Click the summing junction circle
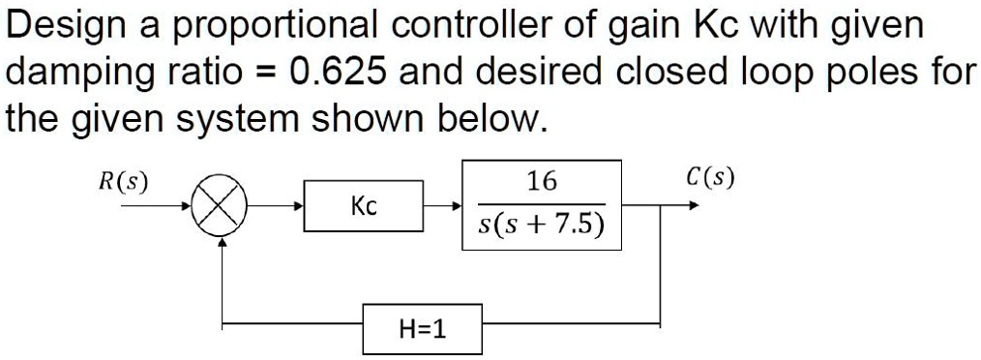pos(223,206)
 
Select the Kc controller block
pos(364,206)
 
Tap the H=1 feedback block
pos(423,329)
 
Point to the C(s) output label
pos(708,178)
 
